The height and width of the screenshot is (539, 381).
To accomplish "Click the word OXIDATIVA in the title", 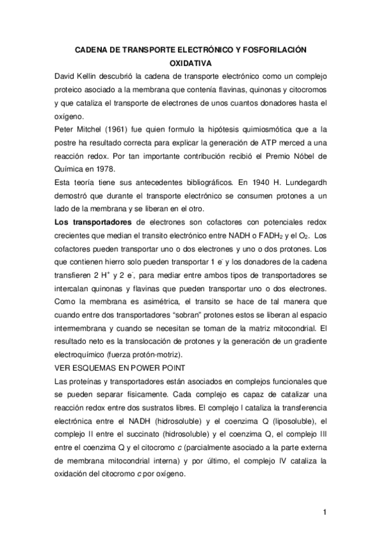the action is pyautogui.click(x=190, y=64).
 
